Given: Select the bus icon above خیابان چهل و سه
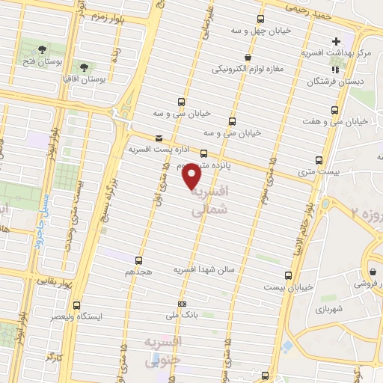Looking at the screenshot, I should coord(260,19).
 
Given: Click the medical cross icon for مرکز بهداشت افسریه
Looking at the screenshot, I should coord(336,41).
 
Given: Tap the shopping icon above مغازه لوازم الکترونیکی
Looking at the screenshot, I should coord(247,57).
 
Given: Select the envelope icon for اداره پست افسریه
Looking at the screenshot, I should coord(158,138).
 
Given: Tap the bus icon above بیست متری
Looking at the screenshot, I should coord(319,160).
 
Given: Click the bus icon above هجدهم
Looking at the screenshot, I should coord(140,260).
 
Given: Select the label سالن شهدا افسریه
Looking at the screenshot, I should coord(204,268).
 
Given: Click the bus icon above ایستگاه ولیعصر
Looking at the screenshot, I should coord(76,305).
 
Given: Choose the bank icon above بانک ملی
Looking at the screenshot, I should coord(183,304).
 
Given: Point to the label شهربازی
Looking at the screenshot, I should coord(328,308).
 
